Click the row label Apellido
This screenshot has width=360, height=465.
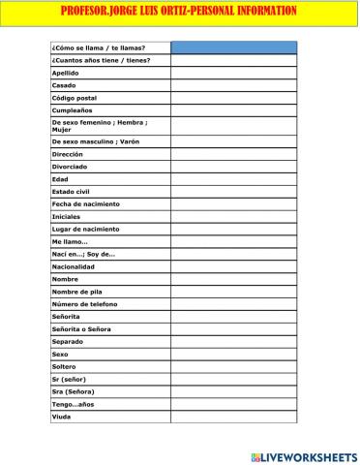(65, 73)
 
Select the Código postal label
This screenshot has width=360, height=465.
(75, 98)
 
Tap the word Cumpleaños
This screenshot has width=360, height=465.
(72, 110)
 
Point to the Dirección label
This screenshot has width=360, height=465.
(68, 154)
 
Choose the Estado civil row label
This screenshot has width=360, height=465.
(71, 192)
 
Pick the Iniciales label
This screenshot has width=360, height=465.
(66, 217)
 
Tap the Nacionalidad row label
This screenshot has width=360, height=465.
(74, 266)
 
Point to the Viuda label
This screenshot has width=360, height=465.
(62, 418)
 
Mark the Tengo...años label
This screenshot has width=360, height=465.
(74, 405)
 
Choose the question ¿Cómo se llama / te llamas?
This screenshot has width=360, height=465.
(98, 47)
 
